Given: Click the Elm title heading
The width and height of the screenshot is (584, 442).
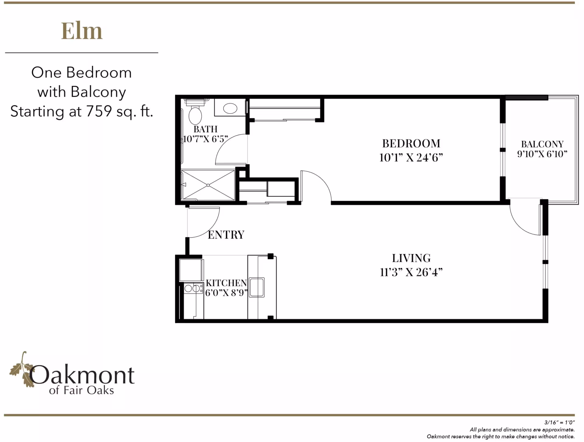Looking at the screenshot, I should pos(82,31).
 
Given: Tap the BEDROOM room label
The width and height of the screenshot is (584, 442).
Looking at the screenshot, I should pos(411,143).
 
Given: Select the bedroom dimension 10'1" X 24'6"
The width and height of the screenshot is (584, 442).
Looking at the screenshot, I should pos(411,157).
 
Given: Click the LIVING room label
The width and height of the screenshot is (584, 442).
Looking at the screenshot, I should pos(411,258).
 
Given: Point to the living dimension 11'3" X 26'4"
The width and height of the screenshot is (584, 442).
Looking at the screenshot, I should pos(411,272).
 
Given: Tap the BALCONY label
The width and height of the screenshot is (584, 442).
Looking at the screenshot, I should pos(542,144).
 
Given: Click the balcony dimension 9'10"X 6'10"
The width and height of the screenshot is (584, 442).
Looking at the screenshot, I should pos(542,154).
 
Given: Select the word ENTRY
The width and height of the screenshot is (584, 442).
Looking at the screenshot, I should pos(226,235).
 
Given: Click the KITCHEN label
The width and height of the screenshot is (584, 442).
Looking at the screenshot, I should pos(226,283).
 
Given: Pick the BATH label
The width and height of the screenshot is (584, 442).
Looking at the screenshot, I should pos(206,129).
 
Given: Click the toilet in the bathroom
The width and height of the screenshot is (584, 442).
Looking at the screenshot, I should pos(195,115).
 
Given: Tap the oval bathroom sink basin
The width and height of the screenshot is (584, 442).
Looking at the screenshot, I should pos(230,108).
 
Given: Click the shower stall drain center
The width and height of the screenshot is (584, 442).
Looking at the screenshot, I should pos(208,185).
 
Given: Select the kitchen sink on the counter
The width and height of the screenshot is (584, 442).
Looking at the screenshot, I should pos(257,287).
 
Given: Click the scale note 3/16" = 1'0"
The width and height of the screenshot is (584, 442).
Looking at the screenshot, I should pos(559,422).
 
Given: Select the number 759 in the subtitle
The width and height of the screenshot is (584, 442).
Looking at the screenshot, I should pos(99,111).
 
